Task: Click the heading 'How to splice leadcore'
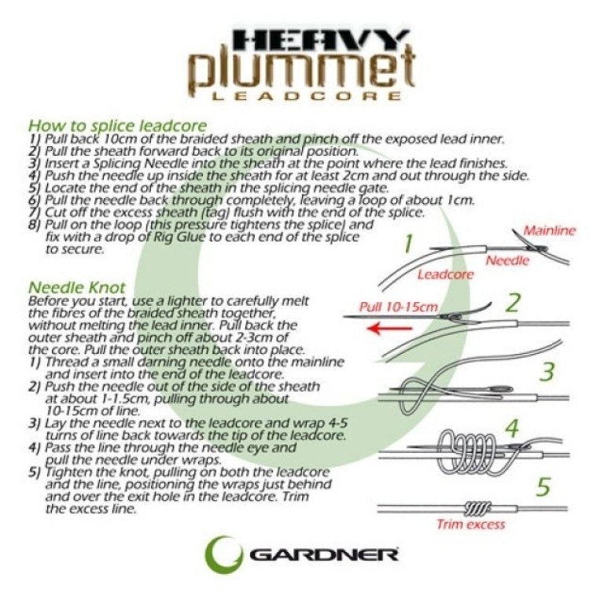(117, 126)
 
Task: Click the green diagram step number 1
(408, 243)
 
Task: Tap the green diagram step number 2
(514, 303)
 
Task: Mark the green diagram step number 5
(543, 486)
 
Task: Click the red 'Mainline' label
(550, 231)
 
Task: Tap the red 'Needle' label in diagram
(507, 260)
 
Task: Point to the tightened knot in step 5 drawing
(476, 506)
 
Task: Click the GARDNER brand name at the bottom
(324, 554)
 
